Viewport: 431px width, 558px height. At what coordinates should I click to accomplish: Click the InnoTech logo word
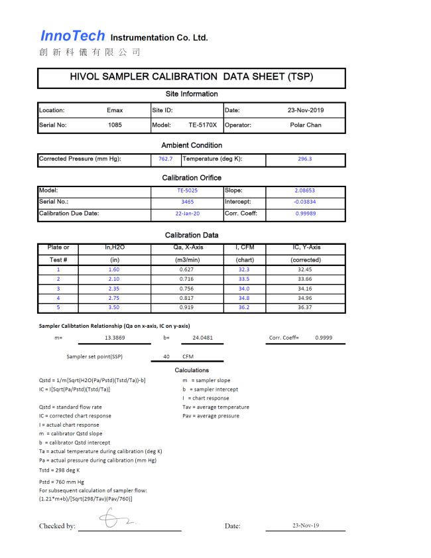click(73, 36)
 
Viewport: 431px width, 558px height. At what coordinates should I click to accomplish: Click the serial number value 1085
click(115, 125)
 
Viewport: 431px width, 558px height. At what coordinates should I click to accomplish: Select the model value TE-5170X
click(202, 125)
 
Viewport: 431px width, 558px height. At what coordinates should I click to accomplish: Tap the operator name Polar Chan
click(306, 125)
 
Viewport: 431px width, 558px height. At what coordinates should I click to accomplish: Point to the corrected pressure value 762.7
click(165, 159)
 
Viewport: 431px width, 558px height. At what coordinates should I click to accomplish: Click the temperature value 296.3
click(305, 159)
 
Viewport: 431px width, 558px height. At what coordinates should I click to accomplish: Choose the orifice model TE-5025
click(187, 190)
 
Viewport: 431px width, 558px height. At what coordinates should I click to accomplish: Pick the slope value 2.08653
click(305, 190)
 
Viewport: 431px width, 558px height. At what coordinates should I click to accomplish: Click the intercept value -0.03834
click(305, 202)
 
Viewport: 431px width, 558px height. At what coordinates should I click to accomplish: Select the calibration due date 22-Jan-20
click(187, 214)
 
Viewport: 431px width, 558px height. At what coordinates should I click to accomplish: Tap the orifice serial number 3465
click(187, 202)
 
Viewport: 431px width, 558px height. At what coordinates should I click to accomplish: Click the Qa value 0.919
click(187, 307)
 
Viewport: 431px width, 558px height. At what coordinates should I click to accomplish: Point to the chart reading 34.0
click(244, 289)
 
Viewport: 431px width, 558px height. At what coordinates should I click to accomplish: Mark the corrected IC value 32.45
click(305, 270)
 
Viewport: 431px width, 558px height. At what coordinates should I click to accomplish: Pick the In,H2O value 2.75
click(114, 298)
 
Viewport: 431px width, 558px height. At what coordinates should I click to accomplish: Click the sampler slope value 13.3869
click(114, 338)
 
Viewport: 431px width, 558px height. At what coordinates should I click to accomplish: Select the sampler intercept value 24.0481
click(202, 338)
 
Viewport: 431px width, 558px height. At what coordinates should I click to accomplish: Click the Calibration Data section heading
click(192, 235)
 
